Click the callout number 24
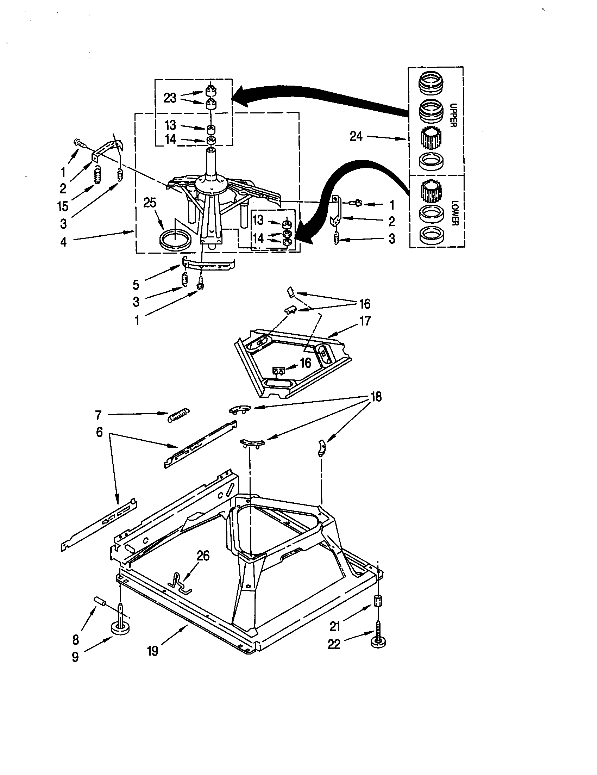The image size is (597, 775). point(356,136)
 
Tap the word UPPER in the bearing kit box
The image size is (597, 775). point(453,114)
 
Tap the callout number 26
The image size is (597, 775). point(203,556)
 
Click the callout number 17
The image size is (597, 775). point(365,321)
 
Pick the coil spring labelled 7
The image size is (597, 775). point(178,414)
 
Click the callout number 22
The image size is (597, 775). point(334,644)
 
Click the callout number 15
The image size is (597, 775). point(63,206)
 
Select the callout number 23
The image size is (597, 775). point(170,98)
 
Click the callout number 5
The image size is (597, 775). point(136,285)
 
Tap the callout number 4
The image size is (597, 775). point(63,242)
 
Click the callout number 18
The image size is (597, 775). point(376,397)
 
